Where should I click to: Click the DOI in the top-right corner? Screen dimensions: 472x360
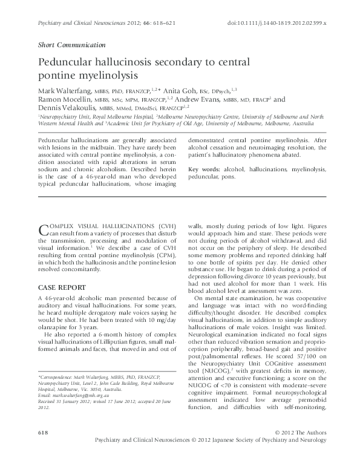click(277, 22)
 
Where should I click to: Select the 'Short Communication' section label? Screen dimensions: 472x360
click(71, 45)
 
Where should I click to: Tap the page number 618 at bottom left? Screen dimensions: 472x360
click(43, 433)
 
